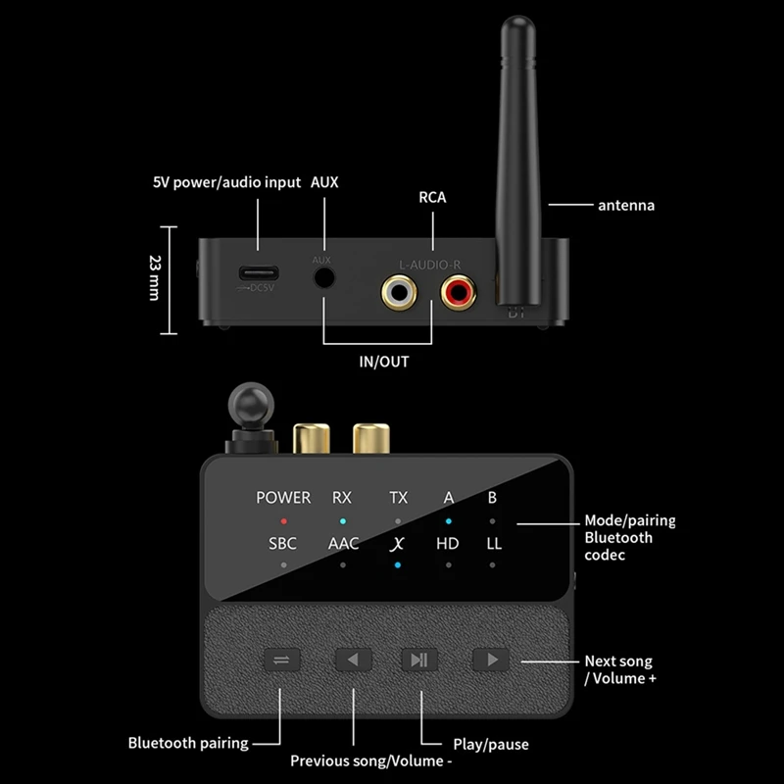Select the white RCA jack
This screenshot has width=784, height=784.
(x=399, y=291)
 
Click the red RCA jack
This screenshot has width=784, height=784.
(x=458, y=291)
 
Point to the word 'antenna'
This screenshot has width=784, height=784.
(x=626, y=206)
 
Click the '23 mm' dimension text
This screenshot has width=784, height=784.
(x=155, y=277)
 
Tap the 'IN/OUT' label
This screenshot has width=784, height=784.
(x=383, y=362)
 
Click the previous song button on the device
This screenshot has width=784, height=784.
(x=353, y=660)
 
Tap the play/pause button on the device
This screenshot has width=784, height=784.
(x=419, y=660)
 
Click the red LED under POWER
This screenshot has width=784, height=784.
(x=283, y=521)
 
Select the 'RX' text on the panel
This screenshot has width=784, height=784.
(x=341, y=498)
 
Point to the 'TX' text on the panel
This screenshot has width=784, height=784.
(x=398, y=498)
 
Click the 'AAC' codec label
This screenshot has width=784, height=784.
(x=343, y=543)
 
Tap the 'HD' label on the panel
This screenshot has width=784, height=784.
(x=448, y=543)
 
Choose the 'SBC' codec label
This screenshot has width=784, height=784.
(x=283, y=543)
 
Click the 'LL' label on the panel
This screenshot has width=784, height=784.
(x=493, y=543)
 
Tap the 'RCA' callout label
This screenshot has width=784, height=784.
(x=432, y=198)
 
